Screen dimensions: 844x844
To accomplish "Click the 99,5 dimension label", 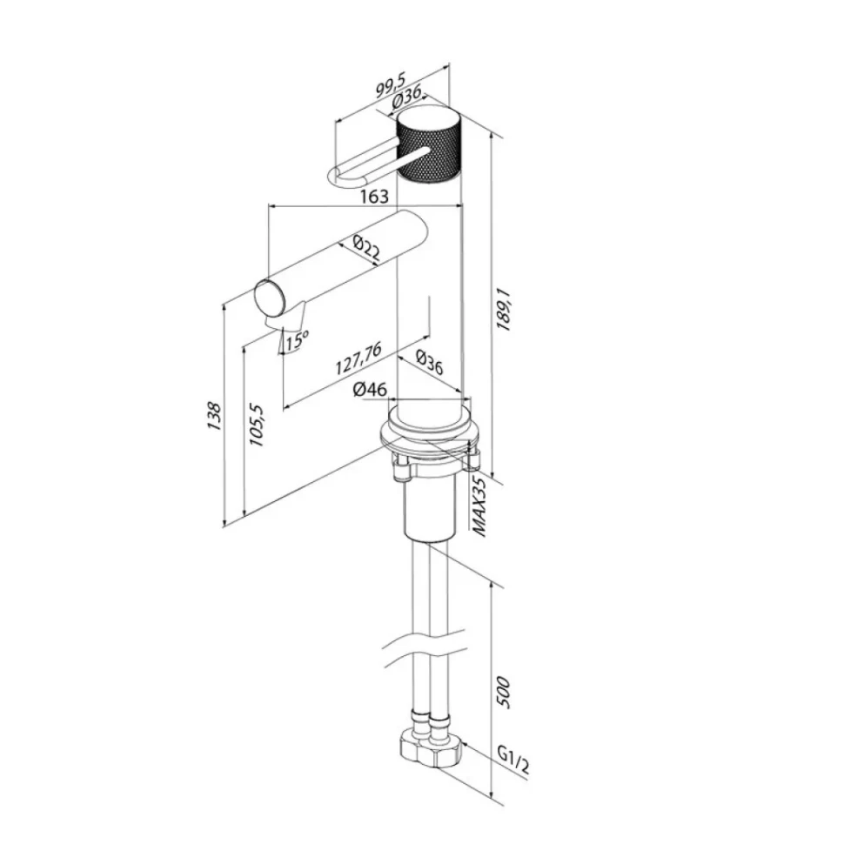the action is (x=392, y=85).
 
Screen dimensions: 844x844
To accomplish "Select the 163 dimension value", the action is (x=374, y=197).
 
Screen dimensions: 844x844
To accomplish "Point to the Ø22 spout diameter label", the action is (x=366, y=248).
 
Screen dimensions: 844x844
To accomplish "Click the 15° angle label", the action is (x=297, y=341).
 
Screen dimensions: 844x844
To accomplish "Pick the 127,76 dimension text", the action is (x=358, y=358).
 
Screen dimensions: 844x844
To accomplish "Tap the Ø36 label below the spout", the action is (x=430, y=362).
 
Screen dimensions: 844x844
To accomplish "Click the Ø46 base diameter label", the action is (x=370, y=389).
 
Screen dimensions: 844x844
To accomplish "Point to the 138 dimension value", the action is (x=214, y=416).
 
